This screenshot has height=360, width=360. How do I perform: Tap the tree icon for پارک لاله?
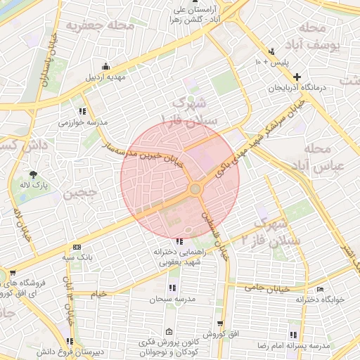point(33,175)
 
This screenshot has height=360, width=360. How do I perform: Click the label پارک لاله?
point(33,186)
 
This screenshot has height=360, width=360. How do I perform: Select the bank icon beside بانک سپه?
point(76,247)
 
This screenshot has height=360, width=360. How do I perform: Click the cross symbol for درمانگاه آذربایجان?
point(297,77)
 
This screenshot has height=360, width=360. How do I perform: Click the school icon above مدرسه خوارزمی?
point(83,111)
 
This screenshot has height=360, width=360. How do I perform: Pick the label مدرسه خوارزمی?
point(83,122)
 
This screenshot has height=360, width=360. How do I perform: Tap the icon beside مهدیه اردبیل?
point(105,65)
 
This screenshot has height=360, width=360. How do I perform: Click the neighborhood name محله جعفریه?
point(100,27)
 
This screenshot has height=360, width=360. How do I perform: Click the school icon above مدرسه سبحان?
point(172,288)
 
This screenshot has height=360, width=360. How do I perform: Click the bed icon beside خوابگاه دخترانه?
point(321,288)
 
